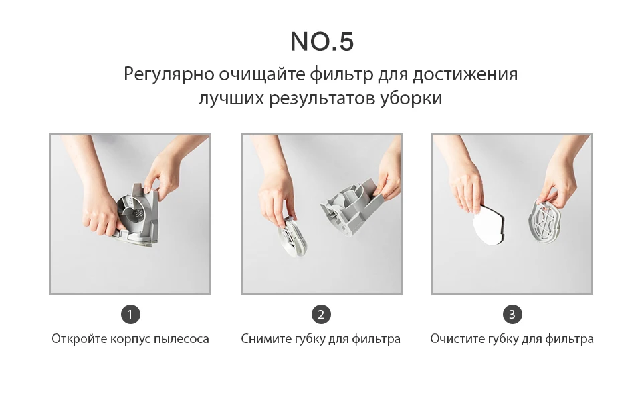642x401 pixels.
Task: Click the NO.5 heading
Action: click(322, 41)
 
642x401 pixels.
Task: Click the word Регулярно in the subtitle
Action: click(169, 75)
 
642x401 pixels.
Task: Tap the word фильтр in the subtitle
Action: click(342, 75)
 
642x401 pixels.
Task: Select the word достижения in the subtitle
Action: click(465, 75)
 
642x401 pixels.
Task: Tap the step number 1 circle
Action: click(130, 315)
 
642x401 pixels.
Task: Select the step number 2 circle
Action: click(322, 315)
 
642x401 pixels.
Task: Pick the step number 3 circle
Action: click(512, 315)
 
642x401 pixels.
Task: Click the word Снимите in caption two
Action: click(265, 340)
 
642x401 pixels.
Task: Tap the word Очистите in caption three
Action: click(455, 339)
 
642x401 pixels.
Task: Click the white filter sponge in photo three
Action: click(490, 225)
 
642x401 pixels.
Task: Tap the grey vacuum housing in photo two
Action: click(352, 205)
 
